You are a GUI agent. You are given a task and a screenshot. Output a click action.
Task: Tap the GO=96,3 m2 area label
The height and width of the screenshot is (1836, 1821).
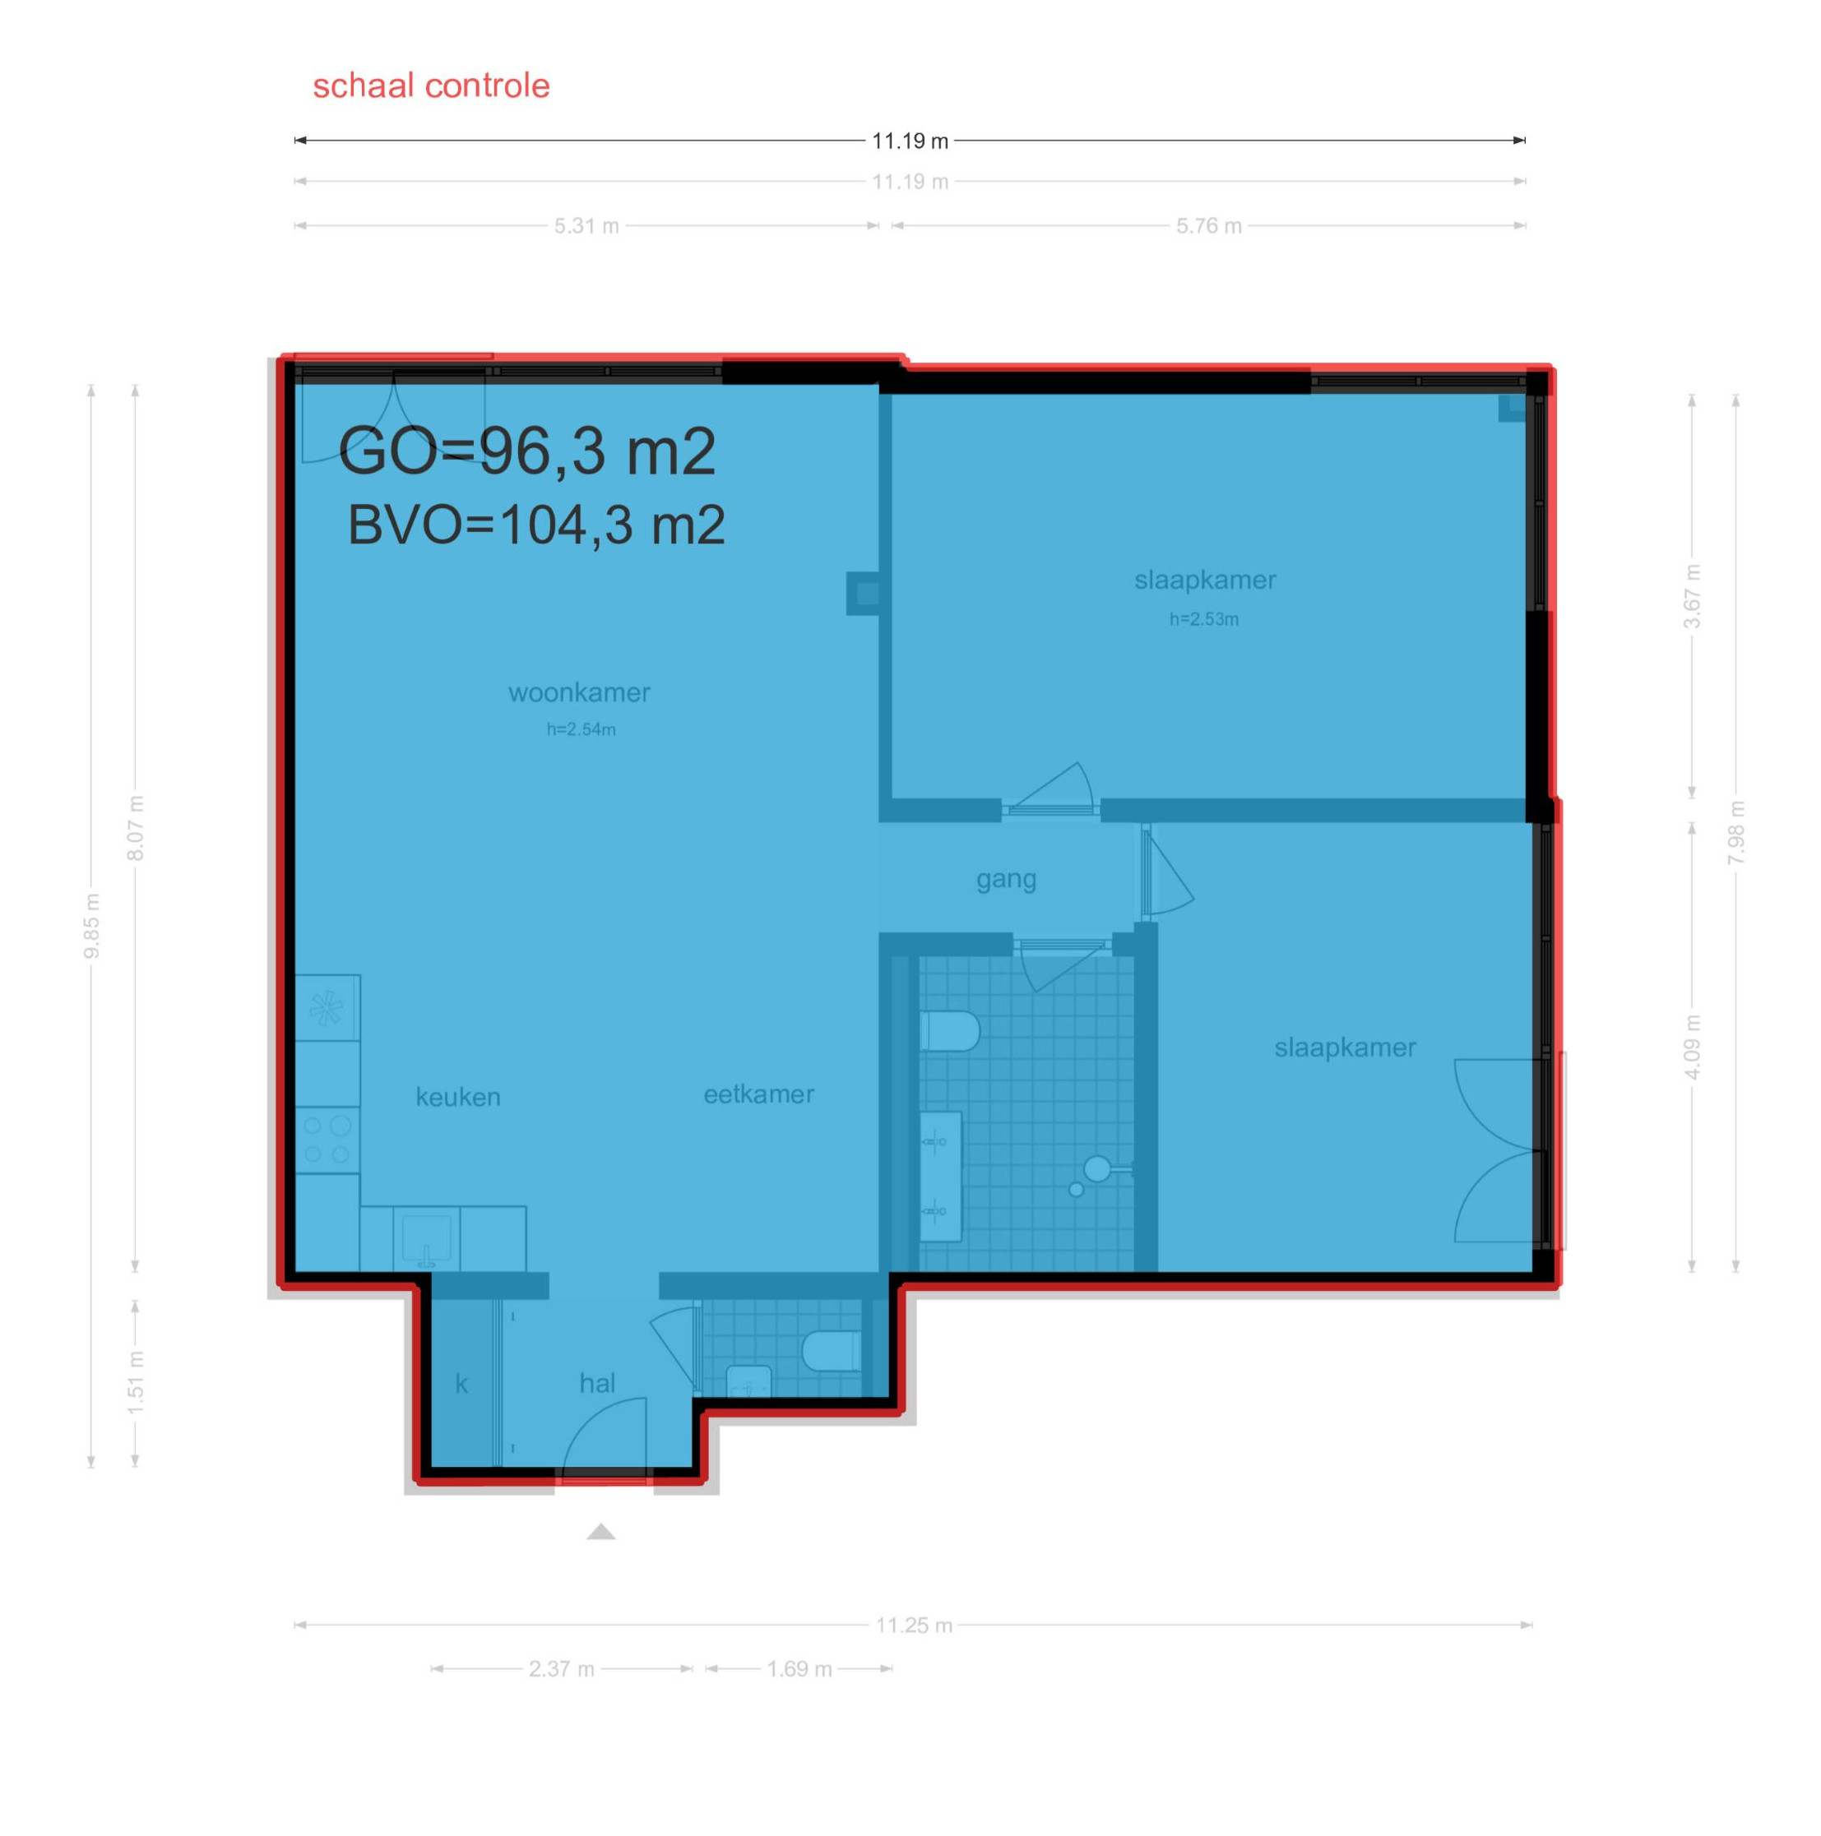pyautogui.click(x=526, y=451)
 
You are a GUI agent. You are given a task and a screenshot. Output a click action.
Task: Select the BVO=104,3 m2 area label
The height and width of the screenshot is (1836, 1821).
pyautogui.click(x=536, y=525)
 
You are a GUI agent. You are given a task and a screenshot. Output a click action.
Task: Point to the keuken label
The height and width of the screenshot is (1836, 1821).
pyautogui.click(x=457, y=1097)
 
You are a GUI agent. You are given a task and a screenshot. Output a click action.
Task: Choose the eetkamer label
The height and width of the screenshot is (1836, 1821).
pyautogui.click(x=758, y=1094)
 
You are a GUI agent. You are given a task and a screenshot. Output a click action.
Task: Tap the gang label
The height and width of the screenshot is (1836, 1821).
pyautogui.click(x=1006, y=880)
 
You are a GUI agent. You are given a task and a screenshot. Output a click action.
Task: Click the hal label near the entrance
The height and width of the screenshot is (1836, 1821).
pyautogui.click(x=597, y=1383)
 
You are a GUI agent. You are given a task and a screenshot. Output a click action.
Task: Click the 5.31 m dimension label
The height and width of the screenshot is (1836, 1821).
pyautogui.click(x=586, y=226)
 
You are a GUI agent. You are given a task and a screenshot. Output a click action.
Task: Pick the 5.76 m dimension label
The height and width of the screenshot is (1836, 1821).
pyautogui.click(x=1208, y=226)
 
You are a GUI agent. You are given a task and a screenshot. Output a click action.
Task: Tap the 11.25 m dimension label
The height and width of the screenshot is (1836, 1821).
pyautogui.click(x=913, y=1625)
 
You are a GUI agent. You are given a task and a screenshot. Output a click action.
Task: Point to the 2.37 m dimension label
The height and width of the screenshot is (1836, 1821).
pyautogui.click(x=561, y=1669)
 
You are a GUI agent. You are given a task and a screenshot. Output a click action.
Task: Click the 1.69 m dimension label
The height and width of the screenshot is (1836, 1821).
pyautogui.click(x=799, y=1669)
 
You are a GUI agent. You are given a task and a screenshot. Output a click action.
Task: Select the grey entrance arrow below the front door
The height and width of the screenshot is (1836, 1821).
pyautogui.click(x=600, y=1531)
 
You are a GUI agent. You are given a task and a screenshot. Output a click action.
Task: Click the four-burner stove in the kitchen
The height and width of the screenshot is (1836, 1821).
pyautogui.click(x=327, y=1140)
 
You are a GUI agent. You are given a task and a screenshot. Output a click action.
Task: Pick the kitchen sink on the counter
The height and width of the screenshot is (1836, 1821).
pyautogui.click(x=426, y=1239)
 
